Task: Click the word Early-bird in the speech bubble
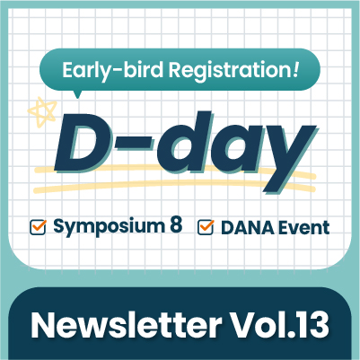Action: coord(112,71)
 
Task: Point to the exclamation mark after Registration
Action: coord(295,69)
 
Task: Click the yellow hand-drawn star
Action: coord(42,112)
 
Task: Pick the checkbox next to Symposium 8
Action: coord(38,227)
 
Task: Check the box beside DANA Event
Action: coord(206,227)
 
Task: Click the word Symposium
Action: coord(110,226)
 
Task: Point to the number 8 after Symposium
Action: coord(176,225)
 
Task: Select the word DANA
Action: coord(248,228)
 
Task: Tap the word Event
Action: coord(303,228)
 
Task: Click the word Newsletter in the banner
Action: coord(127,326)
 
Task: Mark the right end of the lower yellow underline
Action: coord(313,189)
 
